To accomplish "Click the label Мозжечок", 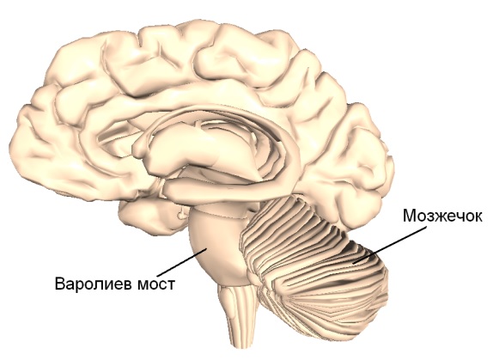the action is click(x=442, y=217).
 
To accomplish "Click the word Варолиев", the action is click(x=94, y=284).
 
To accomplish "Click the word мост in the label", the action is click(x=155, y=285).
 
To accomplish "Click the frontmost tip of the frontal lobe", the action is click(x=13, y=138).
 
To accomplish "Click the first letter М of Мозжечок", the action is click(x=410, y=217).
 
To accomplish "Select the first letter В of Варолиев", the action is click(x=60, y=284).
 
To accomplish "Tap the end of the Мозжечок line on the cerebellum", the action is click(x=353, y=262).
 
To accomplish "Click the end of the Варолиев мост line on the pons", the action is click(x=206, y=248).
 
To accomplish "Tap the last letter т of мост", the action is click(x=171, y=285).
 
